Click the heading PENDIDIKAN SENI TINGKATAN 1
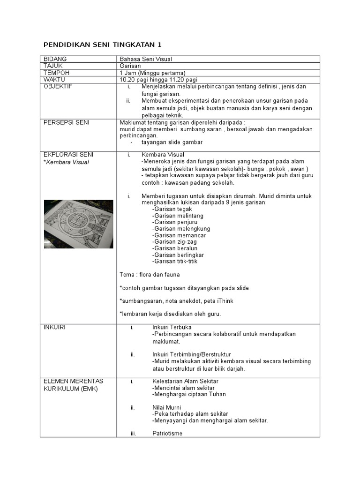point(102,45)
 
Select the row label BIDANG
point(55,59)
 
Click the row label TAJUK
point(52,66)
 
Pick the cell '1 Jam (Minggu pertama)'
point(153,73)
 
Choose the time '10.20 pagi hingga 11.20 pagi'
point(158,80)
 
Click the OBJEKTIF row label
point(58,87)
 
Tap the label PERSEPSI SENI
point(66,122)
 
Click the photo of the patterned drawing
point(78,224)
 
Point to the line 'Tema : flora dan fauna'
point(150,275)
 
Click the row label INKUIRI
point(54,327)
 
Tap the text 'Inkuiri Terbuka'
point(172,327)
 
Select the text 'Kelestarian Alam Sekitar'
point(185,381)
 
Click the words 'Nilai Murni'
point(166,407)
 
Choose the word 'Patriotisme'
point(167,434)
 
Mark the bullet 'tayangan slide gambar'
point(172,142)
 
